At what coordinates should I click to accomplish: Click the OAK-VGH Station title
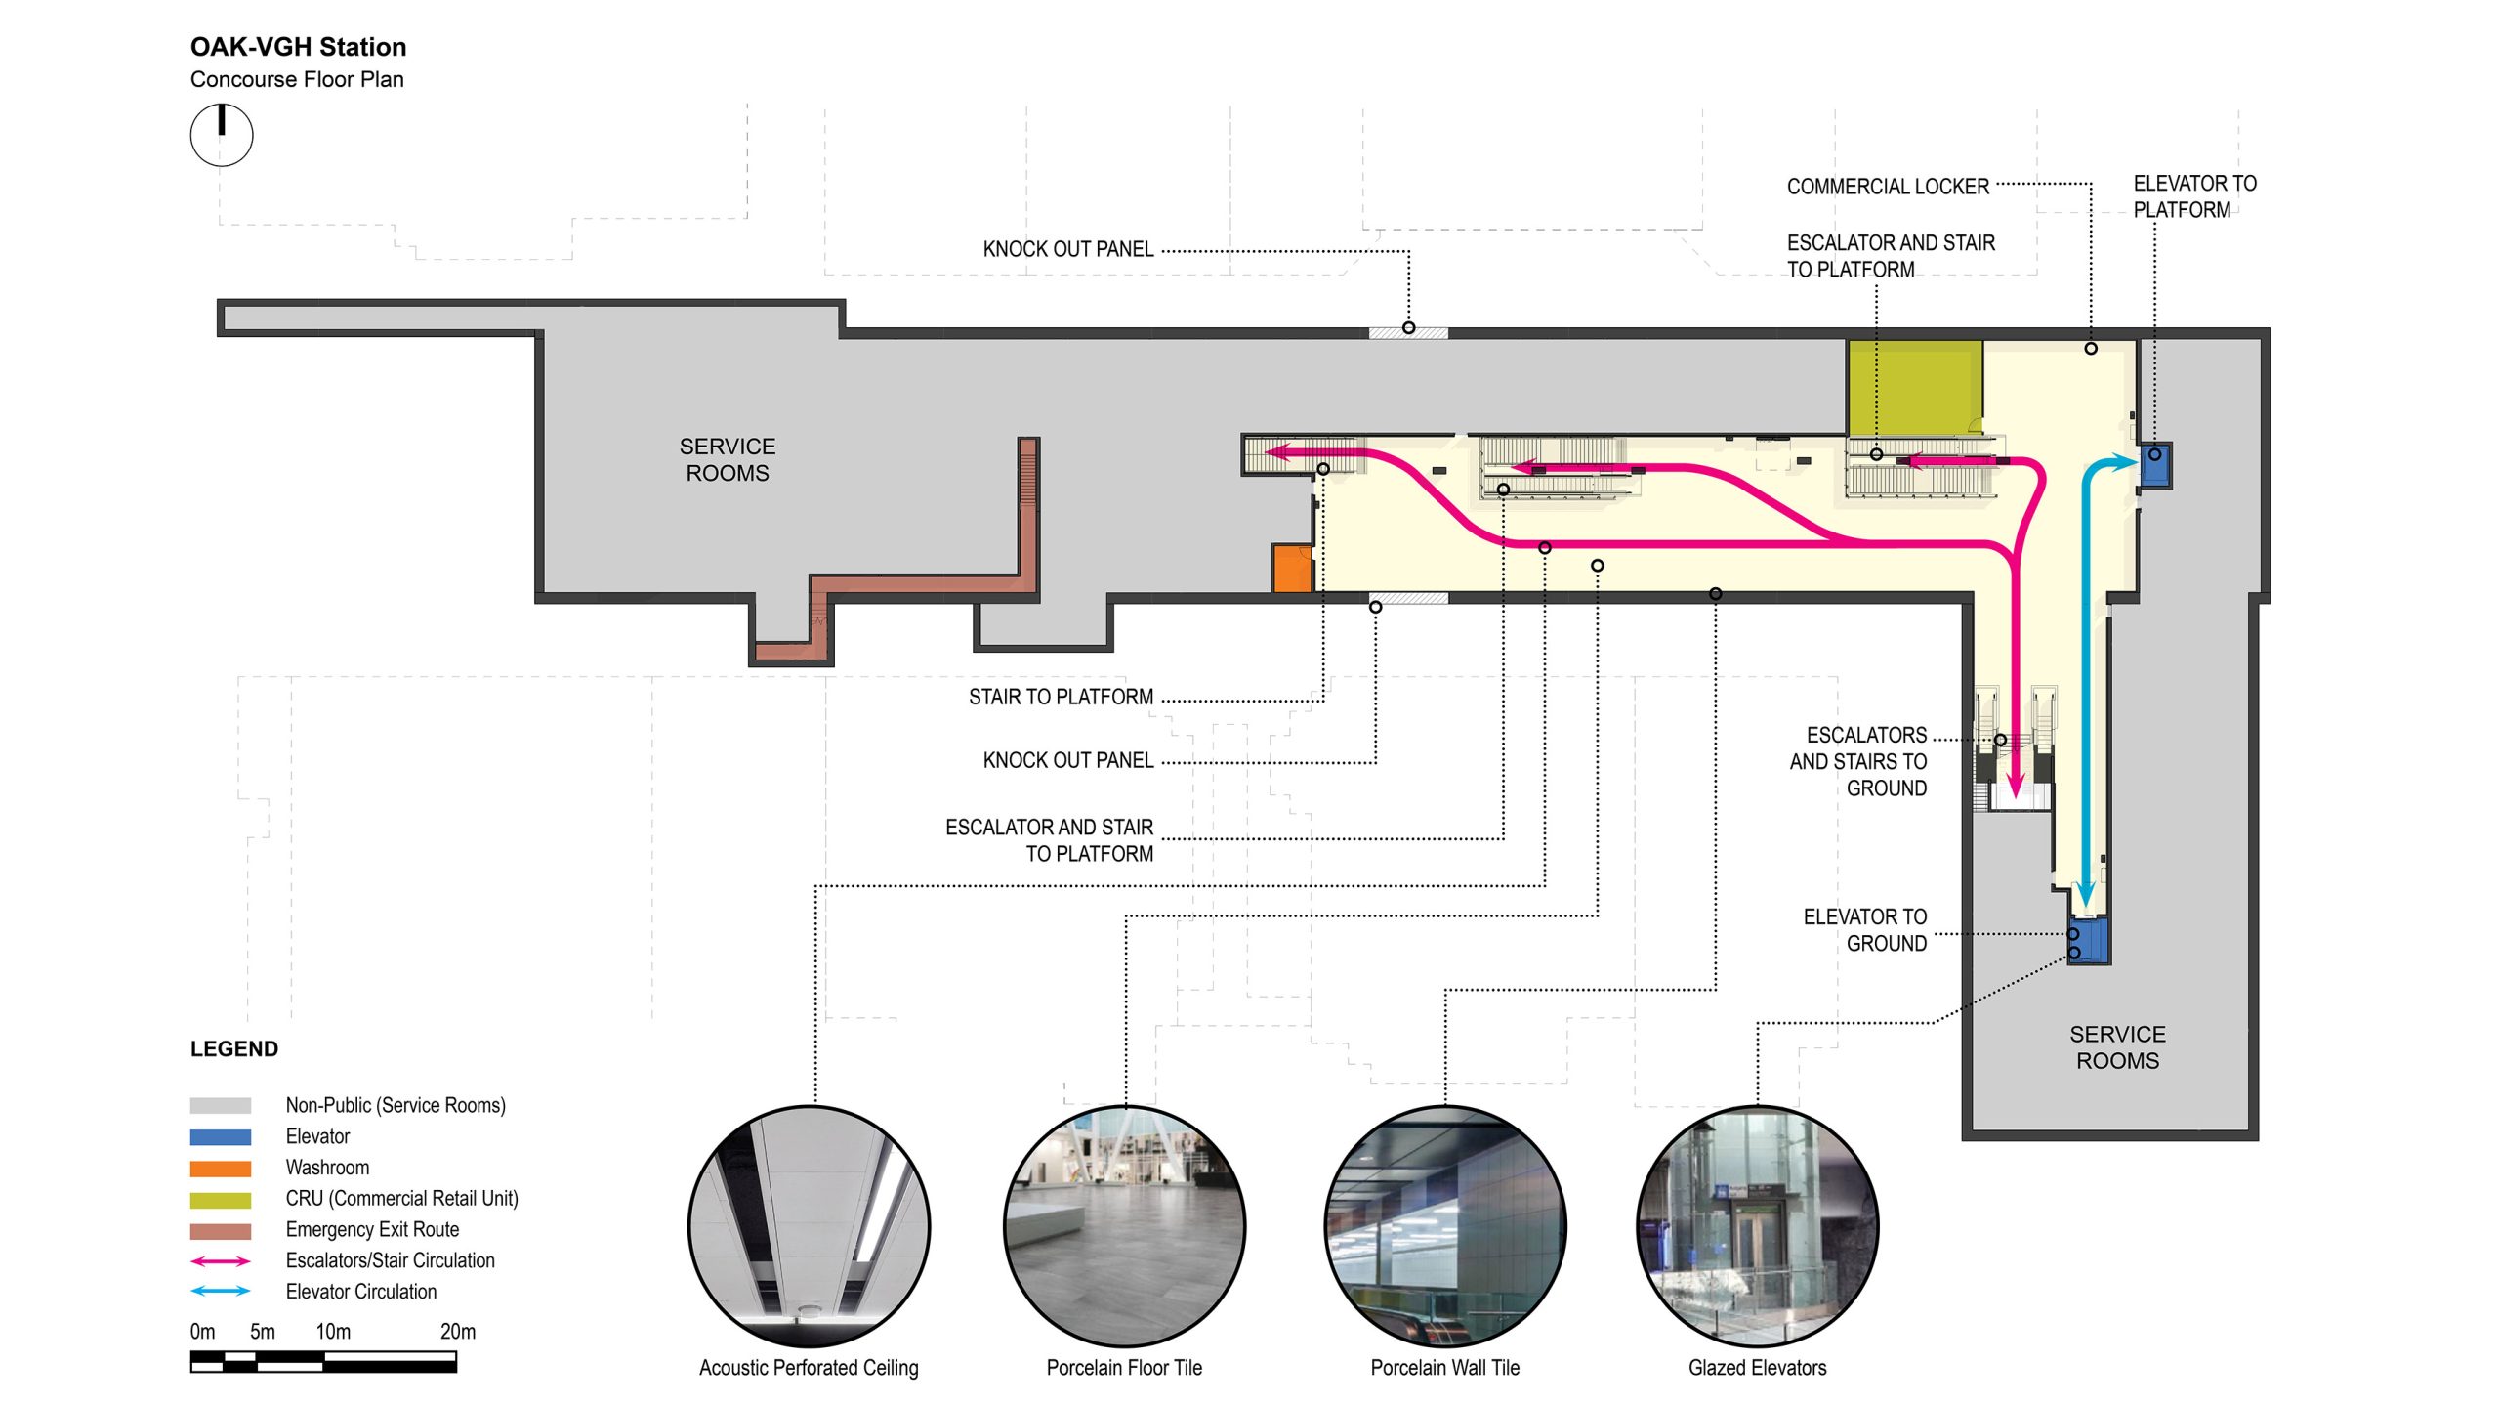point(298,47)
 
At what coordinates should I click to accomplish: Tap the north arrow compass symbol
point(222,135)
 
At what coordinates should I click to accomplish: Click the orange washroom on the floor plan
point(1291,569)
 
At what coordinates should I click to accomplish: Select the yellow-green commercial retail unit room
point(1913,387)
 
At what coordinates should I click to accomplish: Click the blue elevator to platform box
point(2155,465)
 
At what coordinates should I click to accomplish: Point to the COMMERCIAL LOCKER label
point(1887,187)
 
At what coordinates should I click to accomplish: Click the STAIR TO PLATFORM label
point(1061,698)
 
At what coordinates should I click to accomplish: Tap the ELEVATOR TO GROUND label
point(1864,930)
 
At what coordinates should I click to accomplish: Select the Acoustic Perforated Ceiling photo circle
point(809,1226)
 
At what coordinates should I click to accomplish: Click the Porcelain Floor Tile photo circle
point(1124,1226)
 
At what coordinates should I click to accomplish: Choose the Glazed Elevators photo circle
point(1757,1226)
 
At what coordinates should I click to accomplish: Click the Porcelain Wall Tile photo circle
point(1444,1226)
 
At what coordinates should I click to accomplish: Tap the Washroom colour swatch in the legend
point(221,1169)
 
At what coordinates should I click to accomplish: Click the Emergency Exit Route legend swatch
point(221,1231)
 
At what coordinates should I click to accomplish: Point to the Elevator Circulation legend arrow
point(221,1292)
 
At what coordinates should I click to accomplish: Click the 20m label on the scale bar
point(458,1332)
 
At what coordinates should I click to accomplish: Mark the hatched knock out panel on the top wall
point(1407,333)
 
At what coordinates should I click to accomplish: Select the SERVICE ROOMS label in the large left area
point(728,459)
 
